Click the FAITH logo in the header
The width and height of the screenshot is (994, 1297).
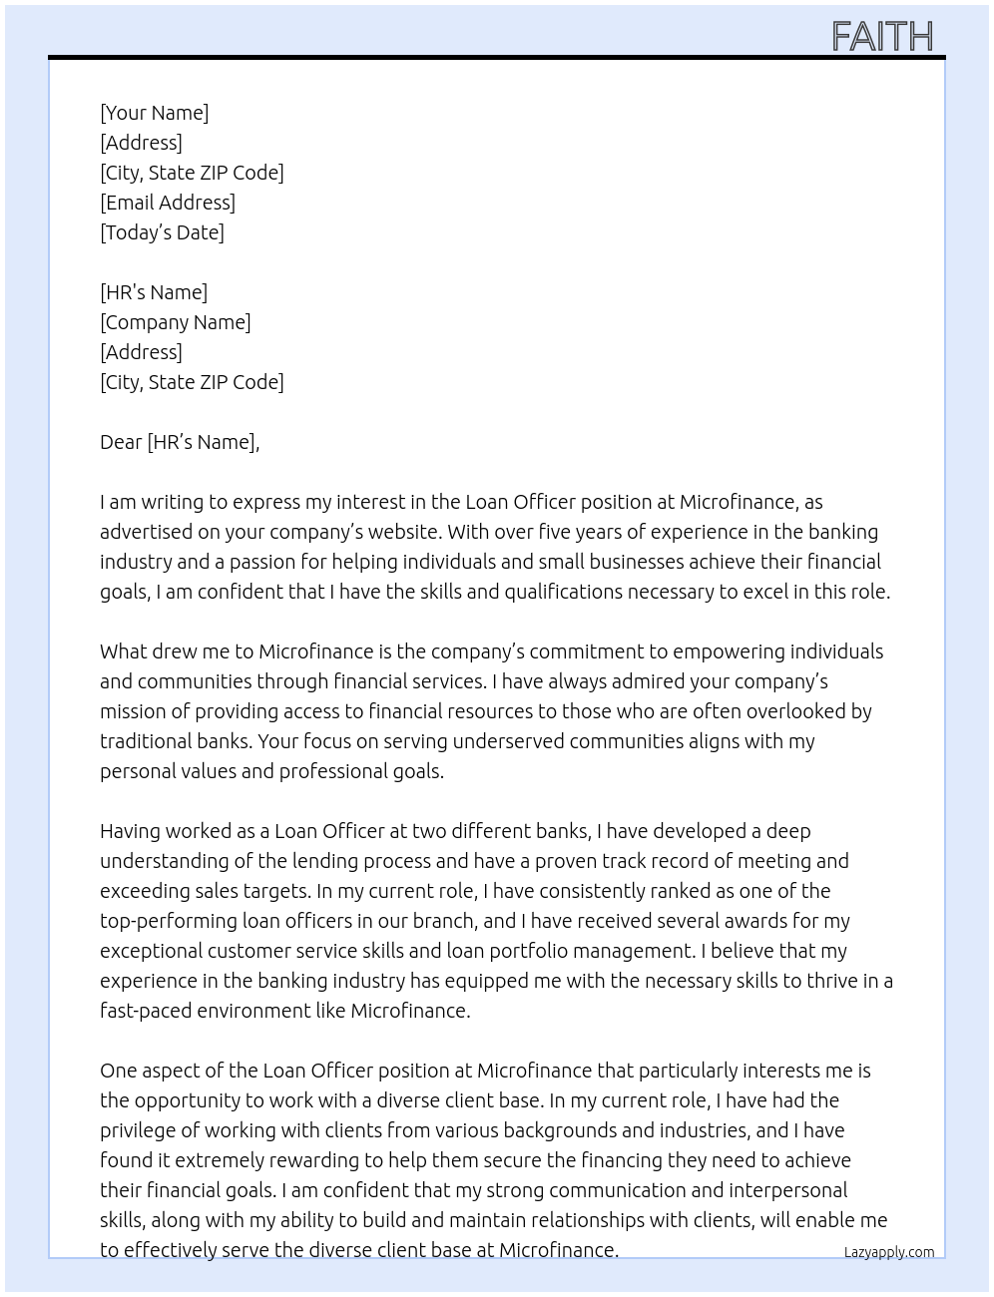882,37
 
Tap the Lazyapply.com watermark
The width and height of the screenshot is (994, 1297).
889,1252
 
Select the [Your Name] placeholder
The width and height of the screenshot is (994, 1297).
155,113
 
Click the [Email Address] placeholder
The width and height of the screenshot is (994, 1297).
168,203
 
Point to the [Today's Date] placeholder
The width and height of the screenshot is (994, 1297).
162,232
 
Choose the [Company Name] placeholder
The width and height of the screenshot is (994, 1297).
176,322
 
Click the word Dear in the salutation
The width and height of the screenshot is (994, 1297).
121,442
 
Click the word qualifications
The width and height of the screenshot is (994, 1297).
572,592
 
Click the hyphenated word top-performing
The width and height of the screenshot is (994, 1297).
168,921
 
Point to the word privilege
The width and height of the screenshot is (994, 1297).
139,1130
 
